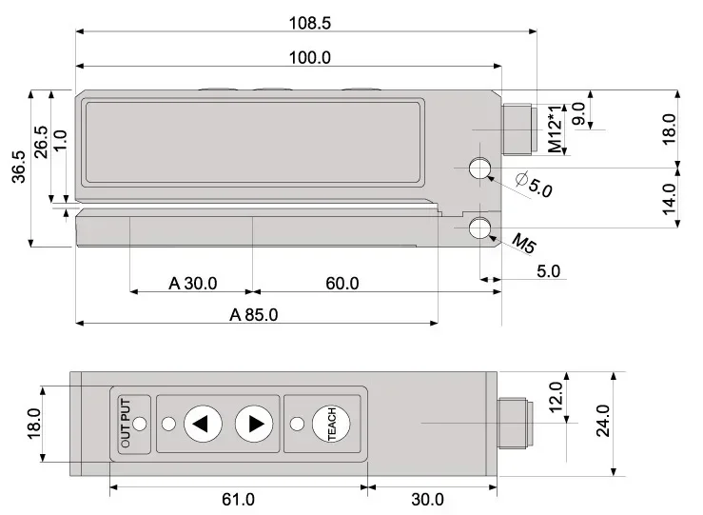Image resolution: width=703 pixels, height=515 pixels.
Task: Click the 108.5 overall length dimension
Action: pos(309,23)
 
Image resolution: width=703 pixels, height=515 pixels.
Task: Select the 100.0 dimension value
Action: pos(309,58)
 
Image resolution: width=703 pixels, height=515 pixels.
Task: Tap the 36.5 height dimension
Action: pos(19,167)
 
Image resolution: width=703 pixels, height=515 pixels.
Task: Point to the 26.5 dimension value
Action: pos(41,142)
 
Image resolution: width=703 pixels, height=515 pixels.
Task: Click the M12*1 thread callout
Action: pos(556,129)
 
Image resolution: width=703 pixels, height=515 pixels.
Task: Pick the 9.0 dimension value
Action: pos(578,114)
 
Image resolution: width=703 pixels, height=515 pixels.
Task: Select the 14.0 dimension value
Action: pos(669,199)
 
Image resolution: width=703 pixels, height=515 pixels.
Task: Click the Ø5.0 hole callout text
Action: pos(534,184)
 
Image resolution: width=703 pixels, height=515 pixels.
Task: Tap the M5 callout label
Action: pos(523,243)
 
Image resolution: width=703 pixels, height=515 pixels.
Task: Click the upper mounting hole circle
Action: pos(480,168)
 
